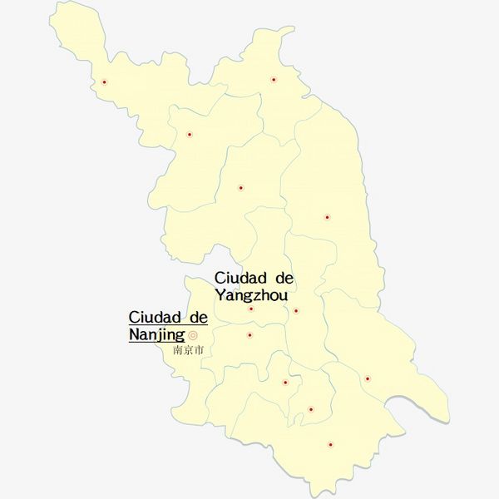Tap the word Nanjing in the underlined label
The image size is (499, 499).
(157, 335)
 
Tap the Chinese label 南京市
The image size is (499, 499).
(188, 350)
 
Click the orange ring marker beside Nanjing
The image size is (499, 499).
(194, 335)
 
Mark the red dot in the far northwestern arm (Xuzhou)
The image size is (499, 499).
(105, 82)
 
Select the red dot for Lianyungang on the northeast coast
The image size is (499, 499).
(274, 80)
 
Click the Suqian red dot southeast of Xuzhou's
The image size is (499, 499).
(190, 134)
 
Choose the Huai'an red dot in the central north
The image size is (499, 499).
(241, 188)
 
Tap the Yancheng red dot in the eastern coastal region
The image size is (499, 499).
(327, 217)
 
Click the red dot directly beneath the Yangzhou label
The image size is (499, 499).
(251, 309)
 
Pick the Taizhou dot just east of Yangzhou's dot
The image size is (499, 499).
(296, 311)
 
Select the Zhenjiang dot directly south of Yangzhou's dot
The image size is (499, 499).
(249, 335)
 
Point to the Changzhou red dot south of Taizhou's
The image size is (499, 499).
(285, 383)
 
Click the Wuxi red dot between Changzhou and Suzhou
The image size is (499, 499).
(310, 409)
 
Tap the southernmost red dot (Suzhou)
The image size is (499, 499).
(330, 445)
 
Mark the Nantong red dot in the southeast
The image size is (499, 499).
(367, 378)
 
